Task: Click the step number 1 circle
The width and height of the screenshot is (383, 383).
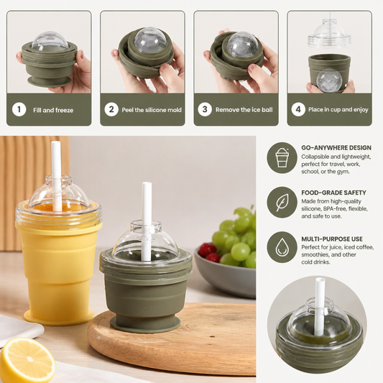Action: [19, 110]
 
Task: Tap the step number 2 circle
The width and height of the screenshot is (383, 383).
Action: [111, 109]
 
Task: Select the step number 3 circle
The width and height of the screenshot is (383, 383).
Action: [205, 109]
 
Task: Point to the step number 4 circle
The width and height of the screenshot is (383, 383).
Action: [298, 109]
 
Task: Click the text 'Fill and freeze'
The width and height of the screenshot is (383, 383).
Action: [53, 110]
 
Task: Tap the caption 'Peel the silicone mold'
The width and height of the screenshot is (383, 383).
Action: [152, 110]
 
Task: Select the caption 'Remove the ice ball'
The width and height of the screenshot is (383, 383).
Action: [244, 110]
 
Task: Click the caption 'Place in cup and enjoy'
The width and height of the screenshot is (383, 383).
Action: [338, 109]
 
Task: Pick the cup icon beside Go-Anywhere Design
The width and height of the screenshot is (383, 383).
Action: [282, 157]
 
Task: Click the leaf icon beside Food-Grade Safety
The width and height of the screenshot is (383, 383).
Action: [282, 203]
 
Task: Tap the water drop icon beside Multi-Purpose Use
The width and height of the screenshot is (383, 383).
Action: [282, 247]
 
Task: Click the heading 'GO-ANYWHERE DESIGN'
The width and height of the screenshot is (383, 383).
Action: [336, 148]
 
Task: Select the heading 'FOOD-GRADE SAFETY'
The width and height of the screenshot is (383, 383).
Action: [333, 193]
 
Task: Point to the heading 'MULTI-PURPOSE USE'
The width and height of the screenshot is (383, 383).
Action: [332, 239]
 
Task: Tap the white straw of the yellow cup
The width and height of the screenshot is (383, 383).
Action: [56, 176]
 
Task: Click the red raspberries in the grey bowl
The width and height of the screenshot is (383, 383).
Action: [208, 253]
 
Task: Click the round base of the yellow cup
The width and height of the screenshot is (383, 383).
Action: [59, 317]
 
